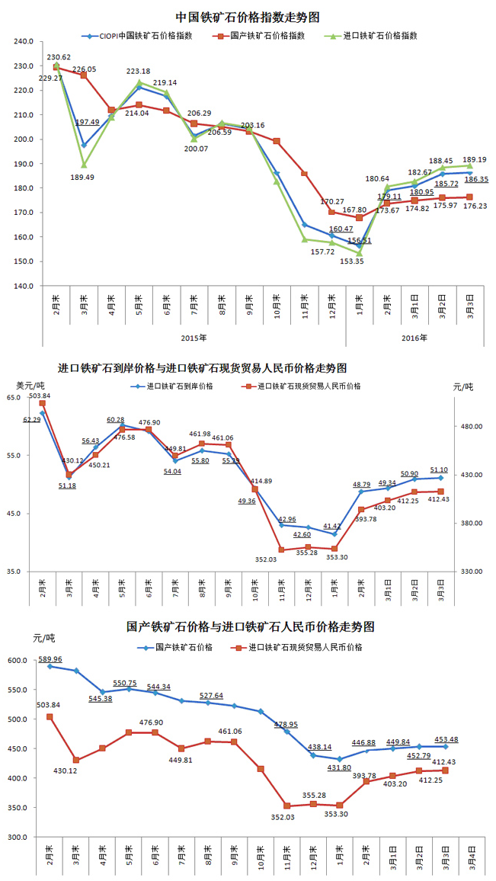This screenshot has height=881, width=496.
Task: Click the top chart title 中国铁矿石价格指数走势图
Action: pos(247,16)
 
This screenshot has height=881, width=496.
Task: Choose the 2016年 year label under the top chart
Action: pos(414,337)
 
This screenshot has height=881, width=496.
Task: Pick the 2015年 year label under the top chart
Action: pos(194,337)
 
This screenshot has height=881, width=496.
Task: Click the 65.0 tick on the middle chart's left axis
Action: pos(14,398)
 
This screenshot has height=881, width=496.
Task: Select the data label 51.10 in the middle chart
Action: pos(439,470)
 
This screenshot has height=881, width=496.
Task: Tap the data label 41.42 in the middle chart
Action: pos(332,526)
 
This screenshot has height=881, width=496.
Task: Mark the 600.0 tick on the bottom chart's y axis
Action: pos(18,661)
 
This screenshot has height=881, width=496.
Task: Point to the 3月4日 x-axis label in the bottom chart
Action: pos(472,859)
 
